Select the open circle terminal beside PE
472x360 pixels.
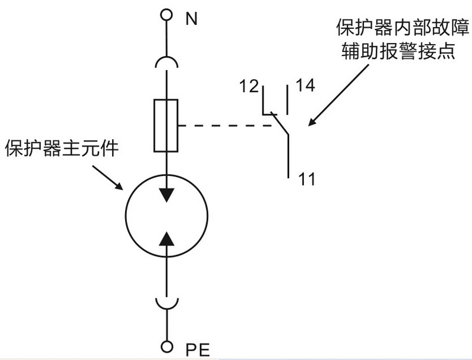click(168, 346)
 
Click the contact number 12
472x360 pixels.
click(250, 86)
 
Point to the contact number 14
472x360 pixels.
click(305, 86)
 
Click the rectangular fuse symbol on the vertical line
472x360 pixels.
click(166, 125)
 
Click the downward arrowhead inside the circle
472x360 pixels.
click(168, 194)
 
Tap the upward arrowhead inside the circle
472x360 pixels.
click(168, 237)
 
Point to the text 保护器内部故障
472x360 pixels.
click(396, 28)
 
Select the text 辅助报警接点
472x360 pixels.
click(396, 51)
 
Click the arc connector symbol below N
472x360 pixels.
click(168, 61)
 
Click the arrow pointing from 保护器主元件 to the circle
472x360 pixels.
click(107, 178)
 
